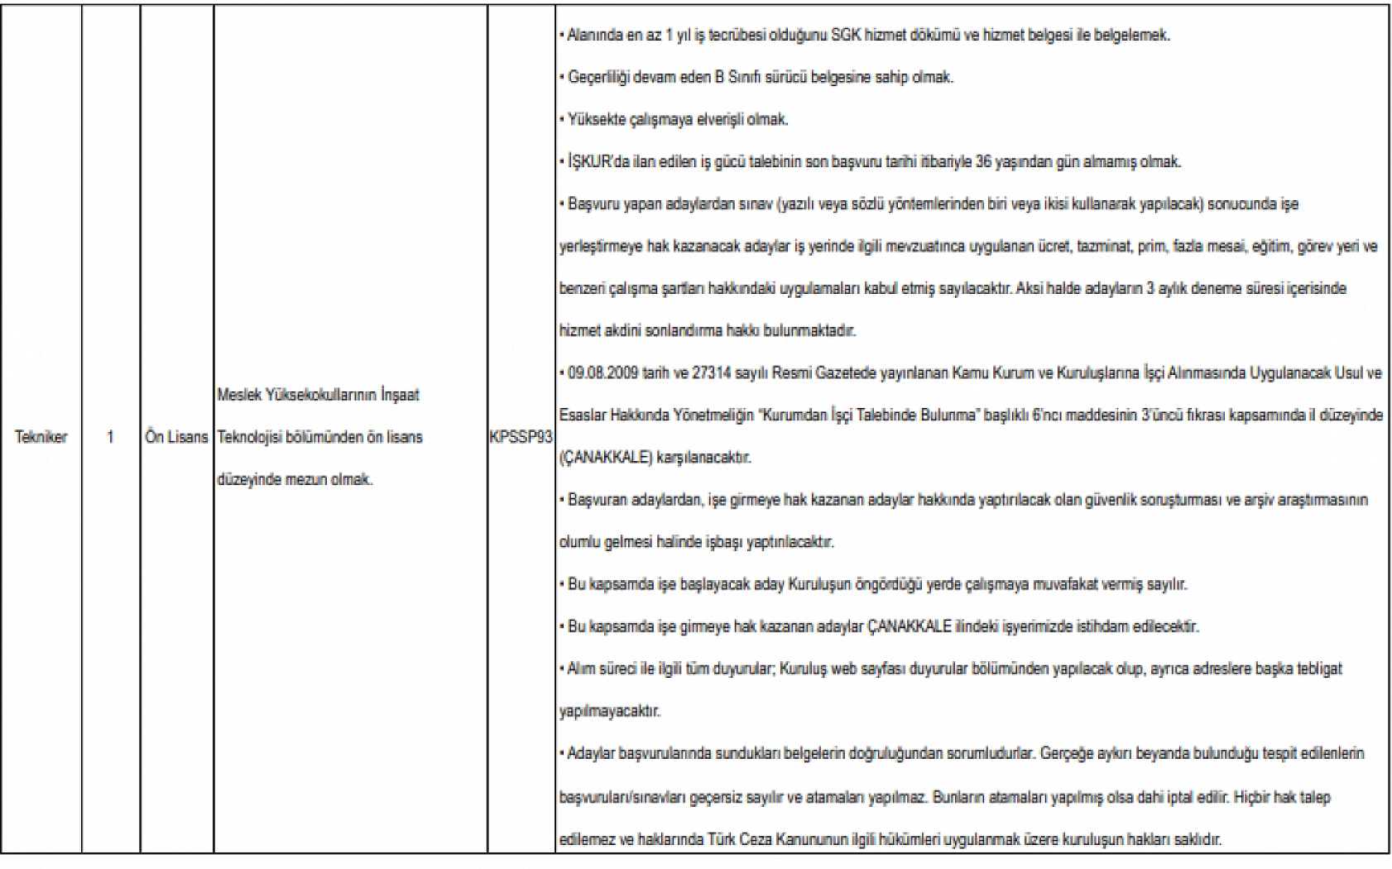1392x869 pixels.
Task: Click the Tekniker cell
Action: tap(41, 437)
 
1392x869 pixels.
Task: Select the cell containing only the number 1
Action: tap(110, 437)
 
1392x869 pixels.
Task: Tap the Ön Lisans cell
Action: tap(176, 437)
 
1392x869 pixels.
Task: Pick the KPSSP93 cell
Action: tap(521, 437)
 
